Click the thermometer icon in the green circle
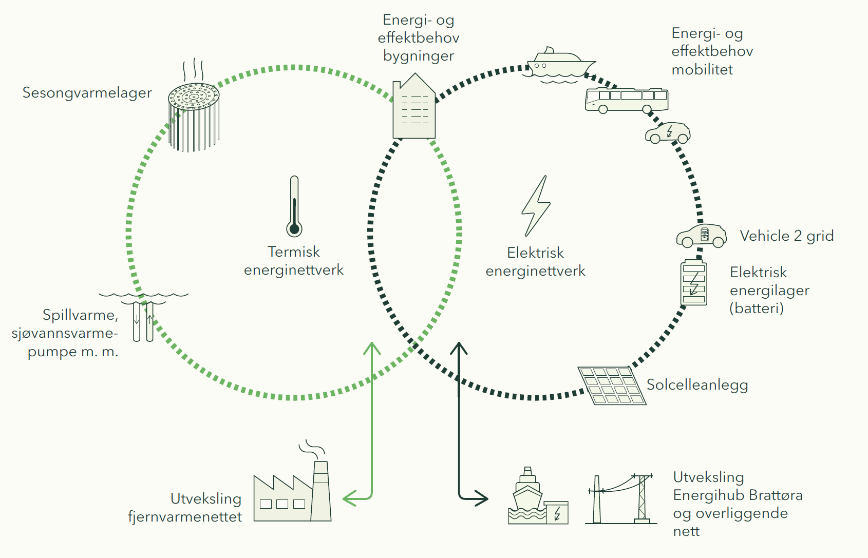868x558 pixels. pyautogui.click(x=294, y=206)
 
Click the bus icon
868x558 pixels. pyautogui.click(x=627, y=100)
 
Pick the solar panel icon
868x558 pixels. pyautogui.click(x=611, y=385)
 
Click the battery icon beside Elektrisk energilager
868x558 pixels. pyautogui.click(x=693, y=283)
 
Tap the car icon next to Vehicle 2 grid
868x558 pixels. pyautogui.click(x=702, y=236)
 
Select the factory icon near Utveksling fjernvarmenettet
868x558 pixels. pyautogui.click(x=293, y=493)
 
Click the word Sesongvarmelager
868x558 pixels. pyautogui.click(x=87, y=93)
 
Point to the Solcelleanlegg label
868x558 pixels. pyautogui.click(x=697, y=385)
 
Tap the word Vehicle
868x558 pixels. pyautogui.click(x=764, y=236)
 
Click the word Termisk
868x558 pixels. pyautogui.click(x=294, y=252)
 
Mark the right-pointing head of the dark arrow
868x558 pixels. pyautogui.click(x=481, y=497)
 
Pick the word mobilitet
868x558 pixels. pyautogui.click(x=702, y=70)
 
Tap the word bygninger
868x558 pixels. pyautogui.click(x=419, y=56)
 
